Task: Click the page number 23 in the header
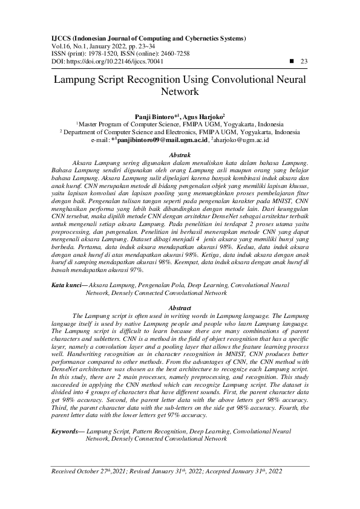click(304, 61)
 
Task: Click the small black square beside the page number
click(292, 61)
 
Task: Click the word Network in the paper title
click(180, 92)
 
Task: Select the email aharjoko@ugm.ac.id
click(240, 140)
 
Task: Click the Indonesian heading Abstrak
click(180, 155)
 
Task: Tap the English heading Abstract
click(180, 308)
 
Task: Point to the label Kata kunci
click(62, 284)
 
